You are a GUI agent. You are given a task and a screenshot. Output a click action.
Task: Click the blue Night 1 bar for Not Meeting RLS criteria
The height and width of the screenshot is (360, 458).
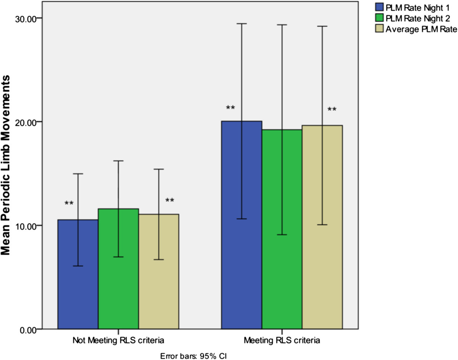78,274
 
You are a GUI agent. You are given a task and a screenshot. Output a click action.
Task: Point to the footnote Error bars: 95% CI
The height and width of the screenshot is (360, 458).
195,355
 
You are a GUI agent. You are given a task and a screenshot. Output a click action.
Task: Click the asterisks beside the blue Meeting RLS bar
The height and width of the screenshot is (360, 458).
230,108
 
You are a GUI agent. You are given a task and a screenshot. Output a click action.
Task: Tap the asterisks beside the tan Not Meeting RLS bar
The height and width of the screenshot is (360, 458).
170,201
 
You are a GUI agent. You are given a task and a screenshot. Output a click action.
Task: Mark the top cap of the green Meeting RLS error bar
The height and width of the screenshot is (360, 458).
282,25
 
